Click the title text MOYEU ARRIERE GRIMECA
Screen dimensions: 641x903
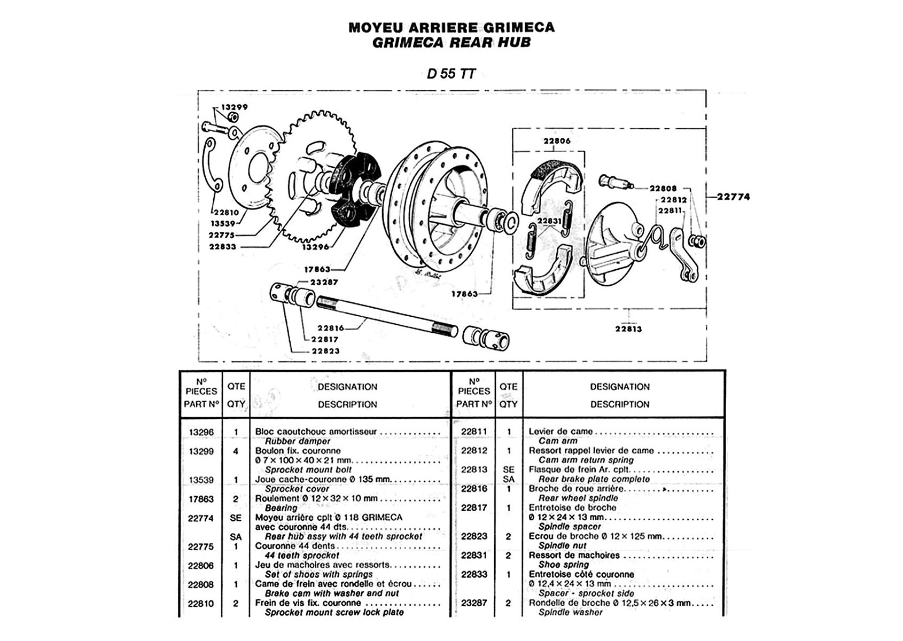[x=451, y=28]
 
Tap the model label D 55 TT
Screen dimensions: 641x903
[x=451, y=74]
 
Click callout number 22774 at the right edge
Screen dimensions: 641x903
[x=733, y=197]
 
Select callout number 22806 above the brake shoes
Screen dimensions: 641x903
[x=557, y=141]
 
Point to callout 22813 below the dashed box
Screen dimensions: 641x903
[x=628, y=329]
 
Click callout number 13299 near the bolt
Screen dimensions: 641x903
[x=235, y=107]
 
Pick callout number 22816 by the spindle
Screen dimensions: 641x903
[x=331, y=328]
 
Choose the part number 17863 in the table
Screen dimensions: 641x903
[x=201, y=499]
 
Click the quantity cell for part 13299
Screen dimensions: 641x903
[x=236, y=451]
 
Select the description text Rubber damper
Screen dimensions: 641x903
[x=298, y=441]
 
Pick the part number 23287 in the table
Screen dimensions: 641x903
[x=474, y=603]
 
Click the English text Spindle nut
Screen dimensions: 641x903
[x=562, y=545]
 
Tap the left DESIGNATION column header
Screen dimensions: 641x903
[x=347, y=387]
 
